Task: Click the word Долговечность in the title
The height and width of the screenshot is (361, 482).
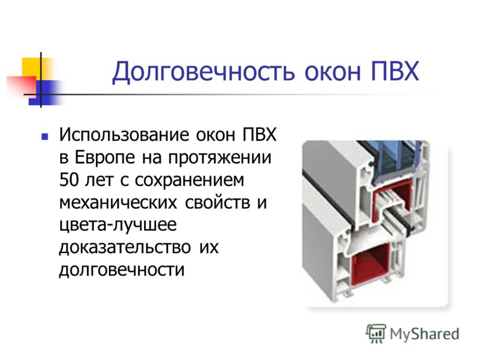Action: [204, 72]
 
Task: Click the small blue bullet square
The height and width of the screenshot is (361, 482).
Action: [45, 137]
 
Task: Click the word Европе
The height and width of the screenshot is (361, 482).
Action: [105, 158]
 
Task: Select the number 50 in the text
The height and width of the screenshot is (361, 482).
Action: [69, 180]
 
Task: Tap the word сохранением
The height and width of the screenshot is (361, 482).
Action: [189, 180]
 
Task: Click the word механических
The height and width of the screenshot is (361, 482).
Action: [118, 203]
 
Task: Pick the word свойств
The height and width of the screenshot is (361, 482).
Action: [218, 203]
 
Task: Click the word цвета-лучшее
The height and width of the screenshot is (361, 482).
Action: [117, 226]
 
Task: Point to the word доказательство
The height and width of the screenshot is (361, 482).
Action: [125, 248]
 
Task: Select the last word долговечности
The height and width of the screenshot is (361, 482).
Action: [122, 270]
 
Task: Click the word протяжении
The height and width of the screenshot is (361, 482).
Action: [220, 158]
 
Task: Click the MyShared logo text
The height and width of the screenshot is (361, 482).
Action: [424, 334]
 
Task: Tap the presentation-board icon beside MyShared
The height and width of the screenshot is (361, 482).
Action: [376, 333]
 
